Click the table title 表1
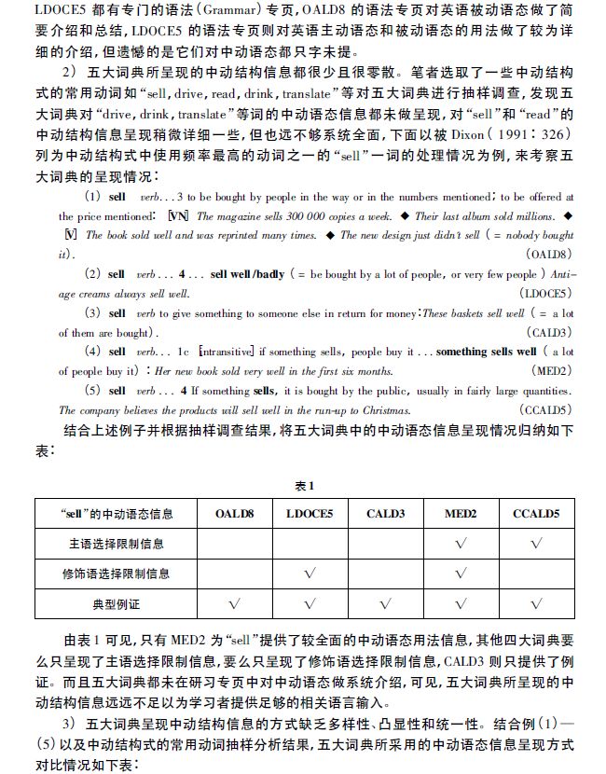pos(303,486)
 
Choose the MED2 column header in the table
pos(460,513)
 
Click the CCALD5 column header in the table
pos(535,513)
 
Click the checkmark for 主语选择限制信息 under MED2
pos(460,543)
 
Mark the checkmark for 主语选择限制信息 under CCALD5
pos(535,543)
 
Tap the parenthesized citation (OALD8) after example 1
pos(550,255)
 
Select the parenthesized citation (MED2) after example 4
pos(554,370)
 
